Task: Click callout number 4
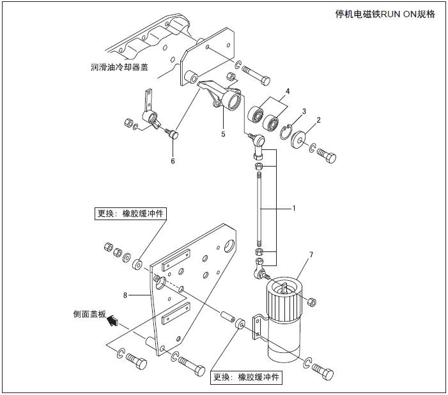[288, 91]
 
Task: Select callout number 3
[304, 111]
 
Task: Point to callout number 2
[318, 119]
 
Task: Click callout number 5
[223, 135]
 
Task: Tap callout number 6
[173, 161]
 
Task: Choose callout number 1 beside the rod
[294, 208]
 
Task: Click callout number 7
[311, 255]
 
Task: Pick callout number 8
[125, 295]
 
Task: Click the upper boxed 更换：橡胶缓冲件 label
[130, 214]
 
